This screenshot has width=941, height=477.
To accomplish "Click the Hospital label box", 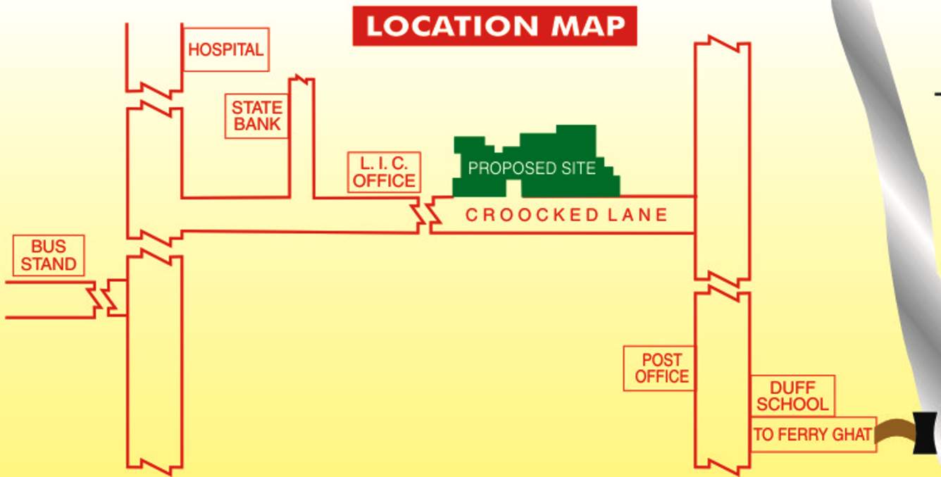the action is click(225, 49).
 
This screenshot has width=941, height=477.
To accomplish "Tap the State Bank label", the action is click(257, 116).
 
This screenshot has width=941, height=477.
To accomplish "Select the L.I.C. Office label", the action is click(384, 172).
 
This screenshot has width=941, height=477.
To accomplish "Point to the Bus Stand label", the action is click(49, 256).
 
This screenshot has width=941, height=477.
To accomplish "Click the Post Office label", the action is click(661, 368).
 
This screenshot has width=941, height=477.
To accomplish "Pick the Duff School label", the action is click(792, 396).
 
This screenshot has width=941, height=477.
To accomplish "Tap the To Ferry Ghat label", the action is click(813, 435).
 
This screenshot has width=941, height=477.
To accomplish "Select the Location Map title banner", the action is click(494, 27).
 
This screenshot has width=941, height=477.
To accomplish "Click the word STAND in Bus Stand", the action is click(49, 264).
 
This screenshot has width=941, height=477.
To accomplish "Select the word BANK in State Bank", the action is click(257, 125).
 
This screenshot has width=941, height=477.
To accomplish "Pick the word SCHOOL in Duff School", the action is click(792, 404).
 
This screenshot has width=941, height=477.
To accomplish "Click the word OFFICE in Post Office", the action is click(661, 376).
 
